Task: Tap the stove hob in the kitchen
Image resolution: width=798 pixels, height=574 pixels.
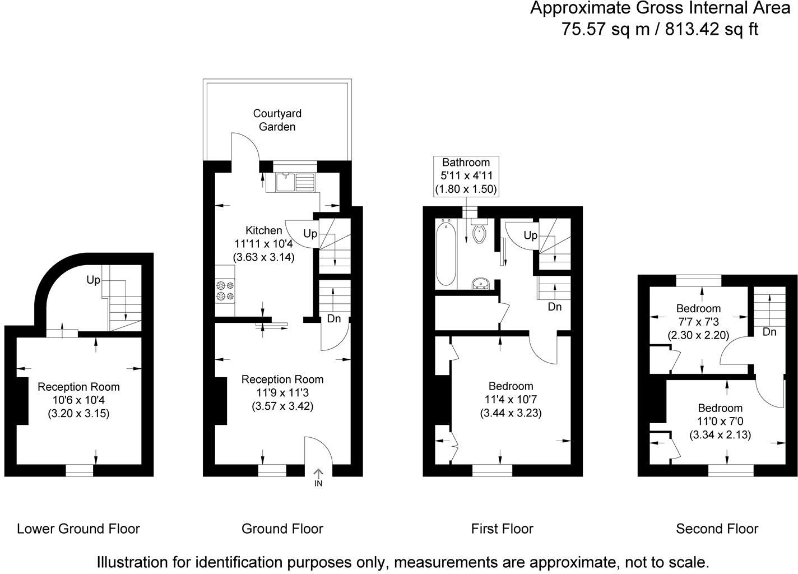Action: click(225, 290)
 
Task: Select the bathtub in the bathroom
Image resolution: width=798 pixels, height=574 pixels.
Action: click(447, 252)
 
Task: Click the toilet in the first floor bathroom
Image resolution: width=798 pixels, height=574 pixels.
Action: click(479, 232)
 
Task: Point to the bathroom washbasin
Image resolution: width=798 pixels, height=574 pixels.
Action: click(480, 284)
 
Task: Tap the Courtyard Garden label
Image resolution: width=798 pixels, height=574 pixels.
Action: click(277, 120)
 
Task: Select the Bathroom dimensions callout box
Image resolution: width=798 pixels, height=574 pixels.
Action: click(466, 176)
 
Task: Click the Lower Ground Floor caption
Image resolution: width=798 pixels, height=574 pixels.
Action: click(78, 529)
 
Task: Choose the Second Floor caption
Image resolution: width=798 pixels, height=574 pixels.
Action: click(717, 529)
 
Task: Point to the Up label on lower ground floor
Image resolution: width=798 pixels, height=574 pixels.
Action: click(93, 279)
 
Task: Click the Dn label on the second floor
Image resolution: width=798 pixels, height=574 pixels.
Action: click(769, 332)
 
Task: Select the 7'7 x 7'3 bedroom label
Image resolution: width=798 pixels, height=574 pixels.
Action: click(698, 322)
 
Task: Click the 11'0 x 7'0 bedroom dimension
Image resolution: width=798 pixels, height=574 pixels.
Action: click(720, 421)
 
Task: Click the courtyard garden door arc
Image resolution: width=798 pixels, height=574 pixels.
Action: click(245, 146)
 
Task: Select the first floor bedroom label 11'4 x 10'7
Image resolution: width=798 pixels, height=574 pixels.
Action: click(511, 400)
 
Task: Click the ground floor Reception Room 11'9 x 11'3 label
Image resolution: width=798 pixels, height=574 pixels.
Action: click(282, 392)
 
